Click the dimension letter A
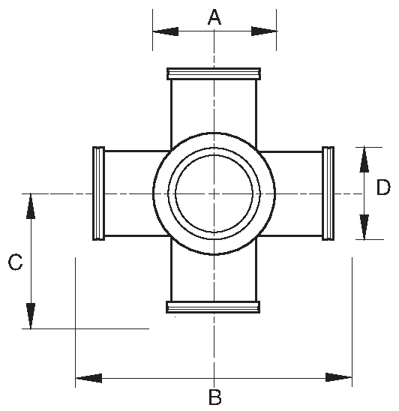point(214,16)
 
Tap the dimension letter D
point(382,186)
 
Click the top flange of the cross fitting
point(214,73)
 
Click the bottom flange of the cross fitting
point(214,306)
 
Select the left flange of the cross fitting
point(97,193)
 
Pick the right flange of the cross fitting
point(328,193)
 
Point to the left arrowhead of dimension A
point(166,31)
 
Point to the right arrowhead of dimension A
point(263,31)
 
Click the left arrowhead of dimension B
point(89,377)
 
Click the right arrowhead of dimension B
point(338,377)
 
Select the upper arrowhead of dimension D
point(364,159)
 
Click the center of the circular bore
point(214,193)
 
